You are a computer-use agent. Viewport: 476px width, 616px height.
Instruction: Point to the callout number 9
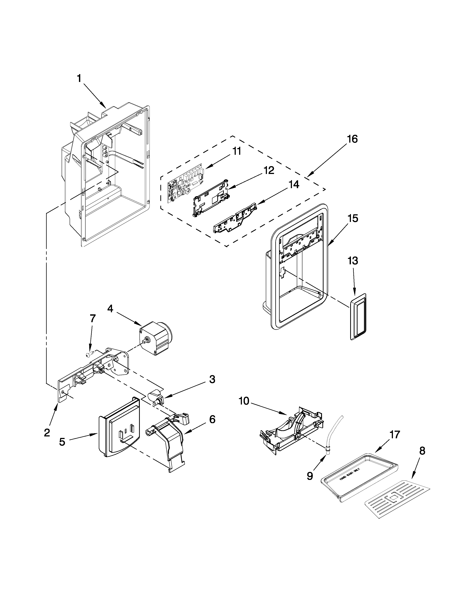pyautogui.click(x=310, y=476)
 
